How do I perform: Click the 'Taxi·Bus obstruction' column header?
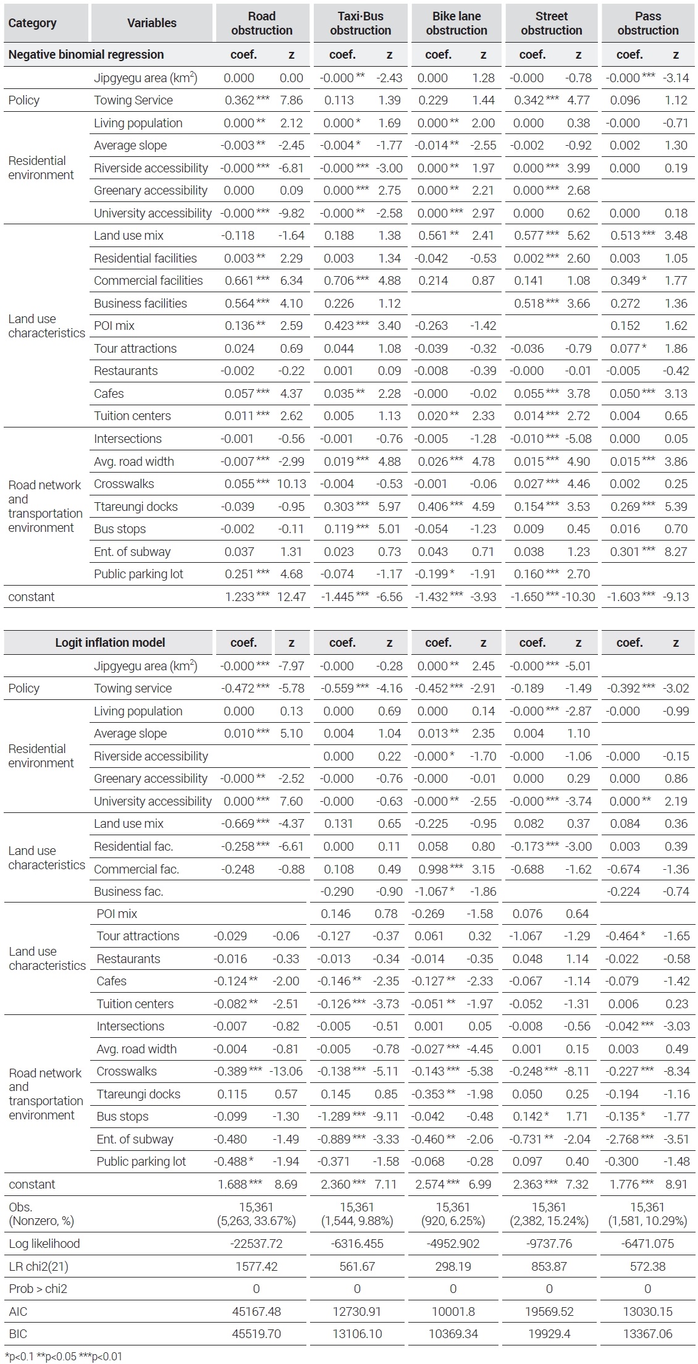pos(360,23)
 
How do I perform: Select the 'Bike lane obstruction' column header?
pos(456,23)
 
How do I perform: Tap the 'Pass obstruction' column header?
pos(648,23)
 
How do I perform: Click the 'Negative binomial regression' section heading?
pos(86,54)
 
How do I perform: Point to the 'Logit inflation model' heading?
pos(110,642)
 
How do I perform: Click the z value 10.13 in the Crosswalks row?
pos(292,484)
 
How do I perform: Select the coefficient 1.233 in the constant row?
pos(239,597)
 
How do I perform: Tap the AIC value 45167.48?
pos(256,1311)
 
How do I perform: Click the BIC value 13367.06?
pos(647,1334)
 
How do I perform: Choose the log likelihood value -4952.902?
pos(453,1244)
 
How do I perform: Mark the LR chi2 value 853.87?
pos(549,1266)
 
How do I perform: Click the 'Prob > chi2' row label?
pos(38,1289)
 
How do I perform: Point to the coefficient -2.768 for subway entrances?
pos(623,1139)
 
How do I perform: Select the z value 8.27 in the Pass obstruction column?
pos(676,552)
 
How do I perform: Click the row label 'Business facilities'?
pos(140,303)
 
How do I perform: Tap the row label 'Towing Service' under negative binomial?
pos(133,100)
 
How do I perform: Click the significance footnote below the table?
pos(64,1357)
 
